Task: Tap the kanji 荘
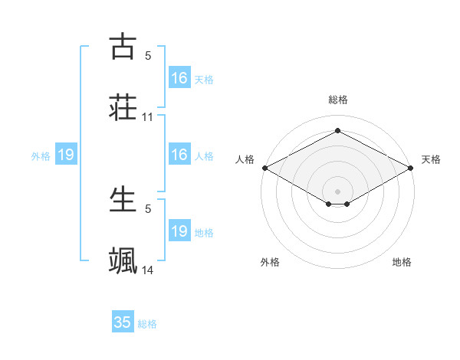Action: [123, 106]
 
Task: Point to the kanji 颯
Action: [123, 260]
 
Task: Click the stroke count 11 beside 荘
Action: [148, 117]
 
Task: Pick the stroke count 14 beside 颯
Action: [148, 270]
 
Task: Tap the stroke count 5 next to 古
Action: [148, 56]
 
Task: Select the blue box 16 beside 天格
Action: [179, 78]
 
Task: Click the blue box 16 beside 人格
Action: [179, 155]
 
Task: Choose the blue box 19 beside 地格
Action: [179, 231]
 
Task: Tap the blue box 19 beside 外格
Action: [66, 155]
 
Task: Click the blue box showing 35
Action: [123, 322]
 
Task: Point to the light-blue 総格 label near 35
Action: [148, 324]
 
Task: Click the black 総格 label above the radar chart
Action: [337, 100]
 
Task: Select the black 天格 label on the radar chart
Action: [431, 159]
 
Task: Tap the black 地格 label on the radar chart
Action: [402, 262]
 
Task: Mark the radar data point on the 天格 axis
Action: [411, 168]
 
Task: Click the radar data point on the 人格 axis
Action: [264, 168]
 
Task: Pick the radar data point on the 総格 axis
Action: [337, 131]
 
